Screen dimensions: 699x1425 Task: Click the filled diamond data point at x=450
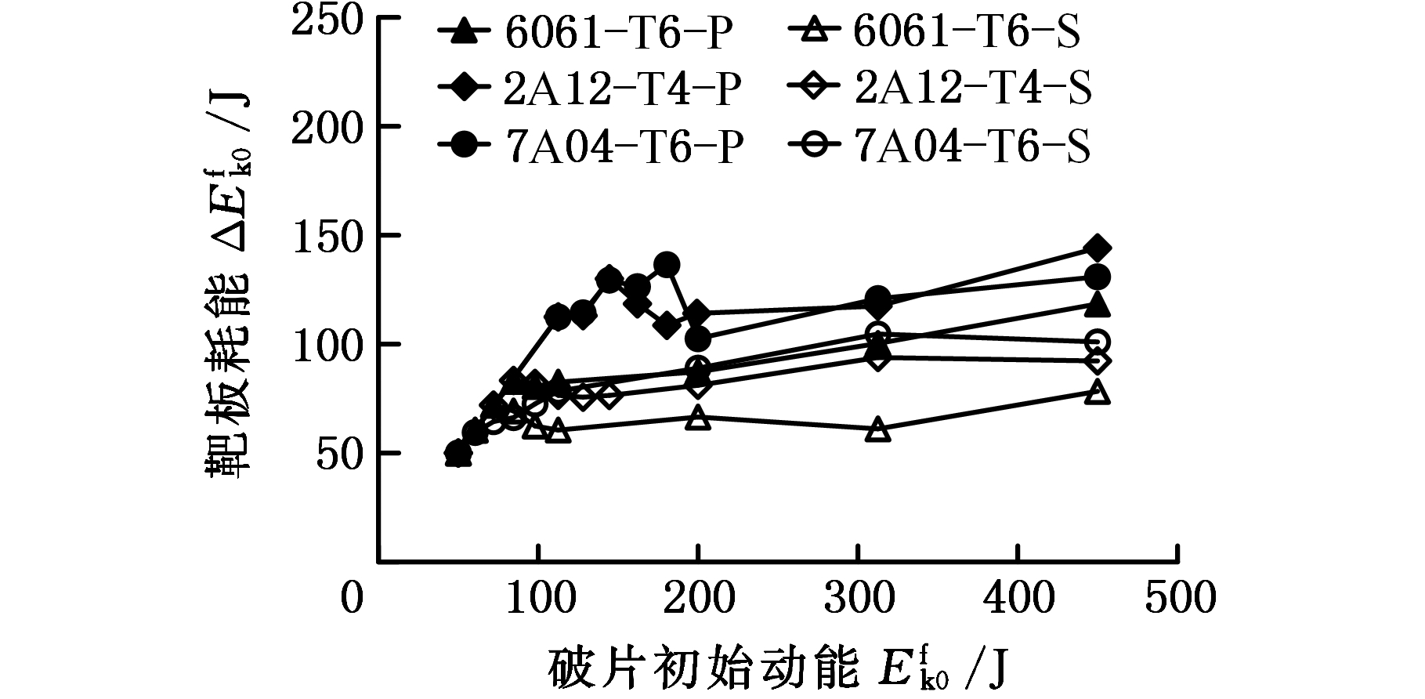pyautogui.click(x=1097, y=248)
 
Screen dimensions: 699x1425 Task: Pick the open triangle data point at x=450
pyautogui.click(x=1098, y=392)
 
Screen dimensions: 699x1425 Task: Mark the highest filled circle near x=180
pyautogui.click(x=667, y=265)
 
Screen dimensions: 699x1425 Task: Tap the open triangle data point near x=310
pyautogui.click(x=878, y=429)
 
